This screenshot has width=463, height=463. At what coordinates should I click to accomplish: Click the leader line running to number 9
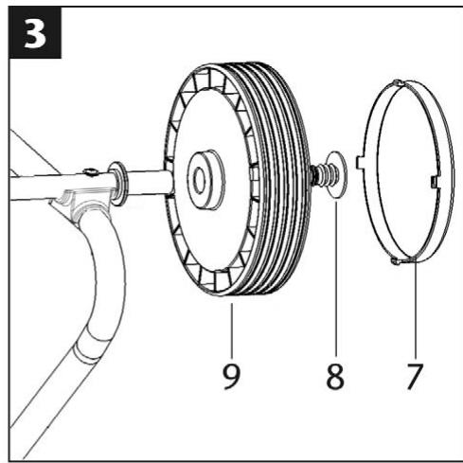coord(227,322)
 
